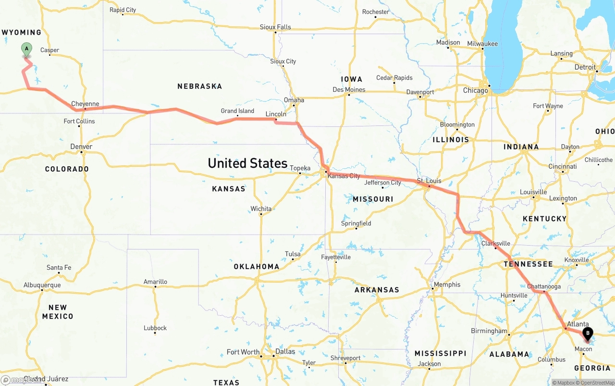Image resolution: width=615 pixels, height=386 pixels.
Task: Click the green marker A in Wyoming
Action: click(x=26, y=49)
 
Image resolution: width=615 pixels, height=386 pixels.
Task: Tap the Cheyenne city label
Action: click(x=85, y=103)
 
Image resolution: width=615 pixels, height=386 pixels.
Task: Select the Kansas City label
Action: click(x=344, y=176)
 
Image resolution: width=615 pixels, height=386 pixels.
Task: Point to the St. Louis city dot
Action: click(x=429, y=186)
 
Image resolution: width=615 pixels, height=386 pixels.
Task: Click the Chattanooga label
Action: click(x=544, y=286)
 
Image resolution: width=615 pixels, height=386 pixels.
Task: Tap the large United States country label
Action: click(x=247, y=163)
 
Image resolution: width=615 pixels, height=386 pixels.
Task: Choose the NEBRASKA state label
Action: click(x=199, y=87)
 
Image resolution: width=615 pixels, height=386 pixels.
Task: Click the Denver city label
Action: click(x=81, y=147)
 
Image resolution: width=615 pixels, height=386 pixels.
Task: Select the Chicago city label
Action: click(x=476, y=90)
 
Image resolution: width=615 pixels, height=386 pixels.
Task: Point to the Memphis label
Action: click(x=447, y=285)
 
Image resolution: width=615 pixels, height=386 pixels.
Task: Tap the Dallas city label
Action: click(x=285, y=351)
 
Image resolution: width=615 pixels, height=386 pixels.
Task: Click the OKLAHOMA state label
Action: click(x=257, y=266)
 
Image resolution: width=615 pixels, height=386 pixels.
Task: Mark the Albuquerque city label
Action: click(x=42, y=285)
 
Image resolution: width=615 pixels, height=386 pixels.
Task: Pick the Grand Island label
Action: click(x=237, y=111)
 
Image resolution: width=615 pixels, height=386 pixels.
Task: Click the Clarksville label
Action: click(x=496, y=243)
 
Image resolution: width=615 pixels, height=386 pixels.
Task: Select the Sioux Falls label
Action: click(x=275, y=27)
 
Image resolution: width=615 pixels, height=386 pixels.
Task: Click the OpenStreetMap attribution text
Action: click(x=597, y=383)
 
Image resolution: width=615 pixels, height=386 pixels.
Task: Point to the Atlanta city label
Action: click(x=578, y=324)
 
